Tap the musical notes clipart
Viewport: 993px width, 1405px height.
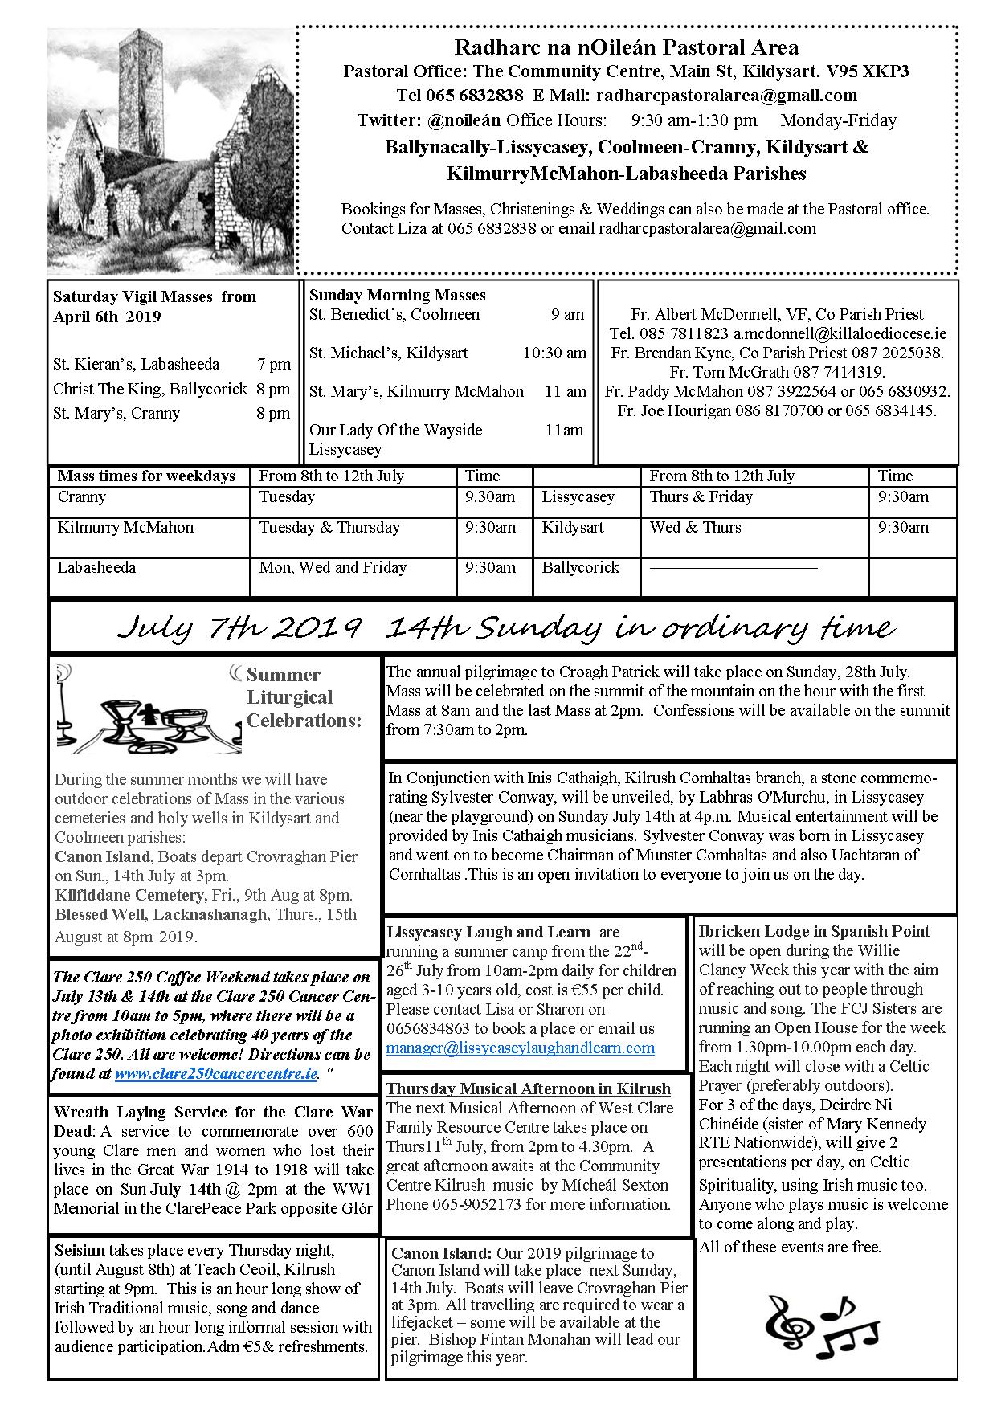[820, 1321]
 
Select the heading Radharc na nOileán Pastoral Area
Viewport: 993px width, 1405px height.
[626, 48]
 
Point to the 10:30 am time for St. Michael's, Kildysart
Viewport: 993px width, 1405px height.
[554, 353]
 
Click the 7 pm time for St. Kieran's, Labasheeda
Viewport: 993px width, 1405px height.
[274, 364]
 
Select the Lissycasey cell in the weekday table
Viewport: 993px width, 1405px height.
[578, 497]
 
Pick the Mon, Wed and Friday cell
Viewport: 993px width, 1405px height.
[333, 568]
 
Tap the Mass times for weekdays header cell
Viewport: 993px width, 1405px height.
[146, 476]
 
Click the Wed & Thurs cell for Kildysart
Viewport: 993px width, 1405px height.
[695, 528]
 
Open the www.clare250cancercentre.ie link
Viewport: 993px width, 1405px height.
[216, 1074]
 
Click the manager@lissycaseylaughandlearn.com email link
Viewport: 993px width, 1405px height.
[520, 1048]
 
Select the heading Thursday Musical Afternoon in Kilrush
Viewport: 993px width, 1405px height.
[528, 1089]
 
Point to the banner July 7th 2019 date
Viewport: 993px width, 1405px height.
[238, 627]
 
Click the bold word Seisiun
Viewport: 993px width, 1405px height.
[80, 1251]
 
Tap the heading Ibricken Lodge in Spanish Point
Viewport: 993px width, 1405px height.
[813, 932]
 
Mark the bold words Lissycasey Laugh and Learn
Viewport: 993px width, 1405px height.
[488, 933]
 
